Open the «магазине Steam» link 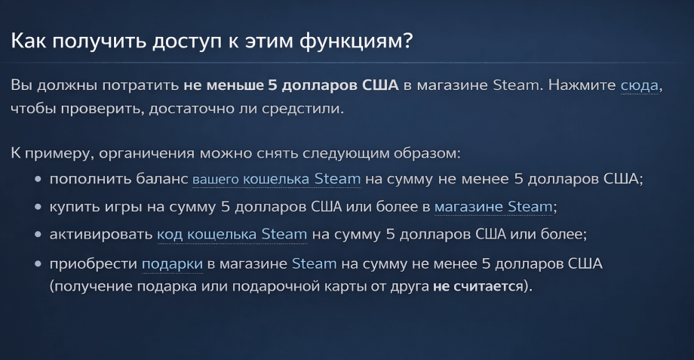pyautogui.click(x=493, y=206)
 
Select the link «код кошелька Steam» pyautogui.click(x=232, y=234)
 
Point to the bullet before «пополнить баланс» pyautogui.click(x=38, y=180)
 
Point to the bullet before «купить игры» pyautogui.click(x=38, y=207)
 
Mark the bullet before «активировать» pyautogui.click(x=38, y=235)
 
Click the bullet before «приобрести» pyautogui.click(x=38, y=264)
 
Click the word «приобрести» pyautogui.click(x=92, y=263)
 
